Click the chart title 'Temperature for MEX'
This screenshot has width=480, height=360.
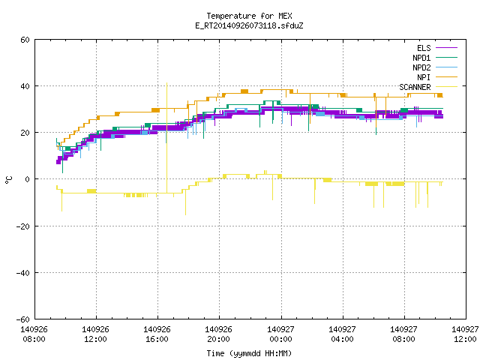point(249,16)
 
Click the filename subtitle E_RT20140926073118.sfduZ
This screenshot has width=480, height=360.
point(249,25)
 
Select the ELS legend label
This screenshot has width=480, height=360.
point(424,48)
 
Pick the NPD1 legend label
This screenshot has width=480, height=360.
point(421,58)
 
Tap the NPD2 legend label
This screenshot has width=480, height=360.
point(421,67)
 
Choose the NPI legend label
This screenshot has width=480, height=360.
point(424,77)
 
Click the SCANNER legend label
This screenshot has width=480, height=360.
point(415,87)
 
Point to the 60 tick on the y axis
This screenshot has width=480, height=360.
point(25,40)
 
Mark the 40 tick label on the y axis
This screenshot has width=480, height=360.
point(25,86)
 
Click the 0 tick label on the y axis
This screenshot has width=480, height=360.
point(27,179)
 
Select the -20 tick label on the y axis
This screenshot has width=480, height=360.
point(23,226)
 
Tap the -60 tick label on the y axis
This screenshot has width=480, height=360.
point(23,319)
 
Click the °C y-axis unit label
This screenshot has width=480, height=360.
point(8,180)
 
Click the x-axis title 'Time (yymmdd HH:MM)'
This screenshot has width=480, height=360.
point(249,353)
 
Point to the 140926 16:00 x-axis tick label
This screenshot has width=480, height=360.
point(157,334)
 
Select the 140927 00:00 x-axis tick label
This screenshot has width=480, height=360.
point(280,334)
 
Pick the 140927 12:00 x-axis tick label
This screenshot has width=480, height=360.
point(465,334)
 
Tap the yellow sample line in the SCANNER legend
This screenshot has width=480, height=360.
point(447,87)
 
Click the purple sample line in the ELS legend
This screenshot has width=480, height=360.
point(447,48)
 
